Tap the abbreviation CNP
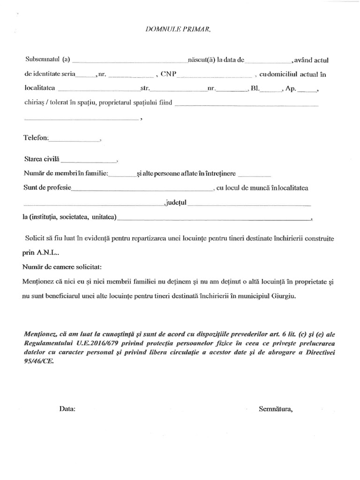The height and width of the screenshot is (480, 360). click(x=168, y=74)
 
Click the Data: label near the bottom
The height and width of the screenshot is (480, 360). click(x=67, y=408)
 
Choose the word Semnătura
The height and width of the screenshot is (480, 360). click(x=276, y=408)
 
